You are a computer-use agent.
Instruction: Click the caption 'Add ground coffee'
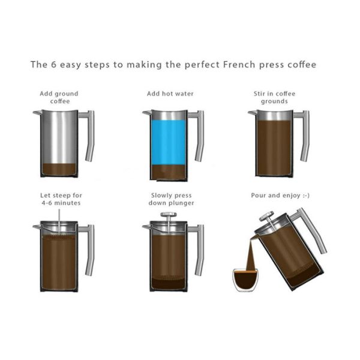point(59,97)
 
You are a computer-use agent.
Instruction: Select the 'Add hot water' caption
point(170,94)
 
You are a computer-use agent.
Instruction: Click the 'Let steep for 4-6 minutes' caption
point(61,199)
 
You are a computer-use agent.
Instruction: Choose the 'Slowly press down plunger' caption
point(170,199)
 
